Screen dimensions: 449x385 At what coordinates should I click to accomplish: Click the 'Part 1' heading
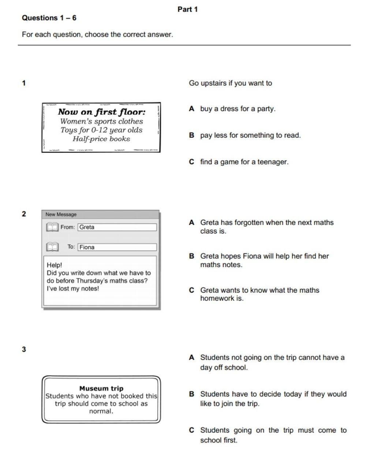coord(187,9)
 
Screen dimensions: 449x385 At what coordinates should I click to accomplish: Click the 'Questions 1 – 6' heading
coord(49,18)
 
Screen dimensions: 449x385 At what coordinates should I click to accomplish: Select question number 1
coord(24,83)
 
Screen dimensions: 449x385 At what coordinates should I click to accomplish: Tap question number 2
coord(24,214)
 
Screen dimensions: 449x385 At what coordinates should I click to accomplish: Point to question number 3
coord(24,349)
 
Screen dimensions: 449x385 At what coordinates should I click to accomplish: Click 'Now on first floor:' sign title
coord(101,112)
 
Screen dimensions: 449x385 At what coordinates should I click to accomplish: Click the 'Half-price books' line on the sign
coord(101,139)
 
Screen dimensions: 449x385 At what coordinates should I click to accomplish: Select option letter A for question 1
coord(191,109)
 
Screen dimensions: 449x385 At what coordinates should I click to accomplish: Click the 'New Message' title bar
coord(101,214)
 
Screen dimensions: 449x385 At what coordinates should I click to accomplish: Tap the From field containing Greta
coord(117,227)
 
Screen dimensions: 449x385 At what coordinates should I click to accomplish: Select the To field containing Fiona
coord(117,247)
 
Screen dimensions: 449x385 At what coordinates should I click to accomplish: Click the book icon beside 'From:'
coord(52,227)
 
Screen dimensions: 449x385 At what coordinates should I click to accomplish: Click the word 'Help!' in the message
coord(55,265)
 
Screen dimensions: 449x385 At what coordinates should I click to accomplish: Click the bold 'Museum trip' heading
coord(101,388)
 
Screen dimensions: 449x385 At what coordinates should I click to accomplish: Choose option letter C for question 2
coord(191,290)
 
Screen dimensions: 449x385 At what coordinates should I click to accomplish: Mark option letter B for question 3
coord(191,394)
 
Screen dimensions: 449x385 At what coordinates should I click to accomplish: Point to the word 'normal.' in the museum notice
coord(101,411)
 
